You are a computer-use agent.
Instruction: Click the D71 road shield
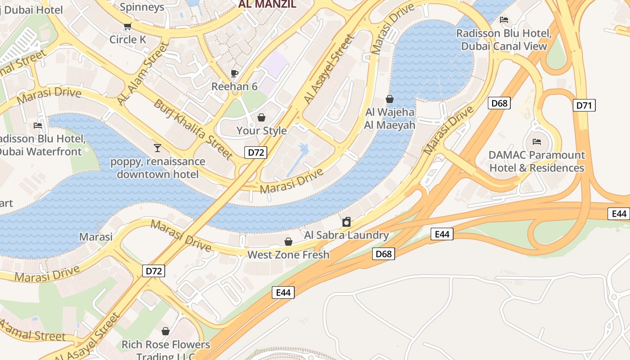pyautogui.click(x=584, y=105)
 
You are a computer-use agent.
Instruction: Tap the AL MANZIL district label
pyautogui.click(x=267, y=4)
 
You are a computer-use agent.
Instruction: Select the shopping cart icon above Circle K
pyautogui.click(x=127, y=26)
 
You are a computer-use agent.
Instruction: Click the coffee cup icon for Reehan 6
pyautogui.click(x=234, y=73)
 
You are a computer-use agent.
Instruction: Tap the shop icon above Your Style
pyautogui.click(x=261, y=117)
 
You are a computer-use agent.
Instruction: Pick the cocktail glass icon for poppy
pyautogui.click(x=157, y=148)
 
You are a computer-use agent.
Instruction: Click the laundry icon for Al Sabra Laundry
pyautogui.click(x=346, y=222)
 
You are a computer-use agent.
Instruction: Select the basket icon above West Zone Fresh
pyautogui.click(x=288, y=242)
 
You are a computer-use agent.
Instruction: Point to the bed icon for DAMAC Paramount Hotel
pyautogui.click(x=536, y=142)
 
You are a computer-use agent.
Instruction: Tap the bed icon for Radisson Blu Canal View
pyautogui.click(x=504, y=20)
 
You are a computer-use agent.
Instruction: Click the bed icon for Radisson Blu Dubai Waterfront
pyautogui.click(x=38, y=126)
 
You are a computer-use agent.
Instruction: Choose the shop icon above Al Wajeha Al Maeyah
pyautogui.click(x=390, y=99)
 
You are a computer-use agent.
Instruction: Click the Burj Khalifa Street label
pyautogui.click(x=193, y=129)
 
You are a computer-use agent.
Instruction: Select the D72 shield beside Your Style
pyautogui.click(x=256, y=152)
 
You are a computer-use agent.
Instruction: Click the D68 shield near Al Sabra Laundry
pyautogui.click(x=383, y=254)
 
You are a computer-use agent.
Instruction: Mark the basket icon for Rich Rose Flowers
pyautogui.click(x=166, y=331)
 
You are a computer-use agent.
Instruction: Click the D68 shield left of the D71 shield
pyautogui.click(x=499, y=103)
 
